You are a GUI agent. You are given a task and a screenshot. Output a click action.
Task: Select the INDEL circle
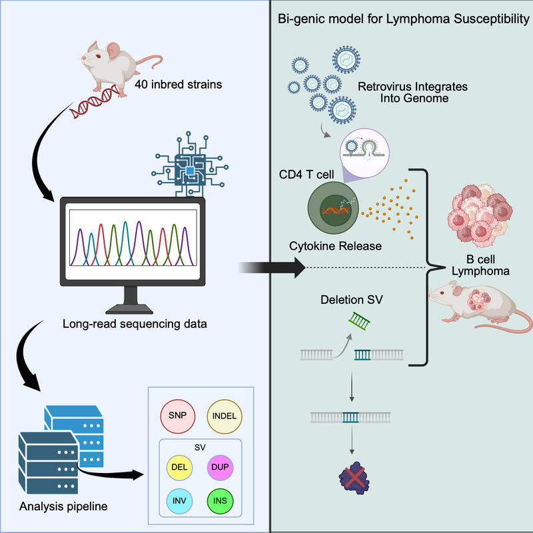(225, 418)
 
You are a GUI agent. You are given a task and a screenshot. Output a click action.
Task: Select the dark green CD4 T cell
(334, 212)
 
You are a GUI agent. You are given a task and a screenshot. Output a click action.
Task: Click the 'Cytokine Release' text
(335, 247)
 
